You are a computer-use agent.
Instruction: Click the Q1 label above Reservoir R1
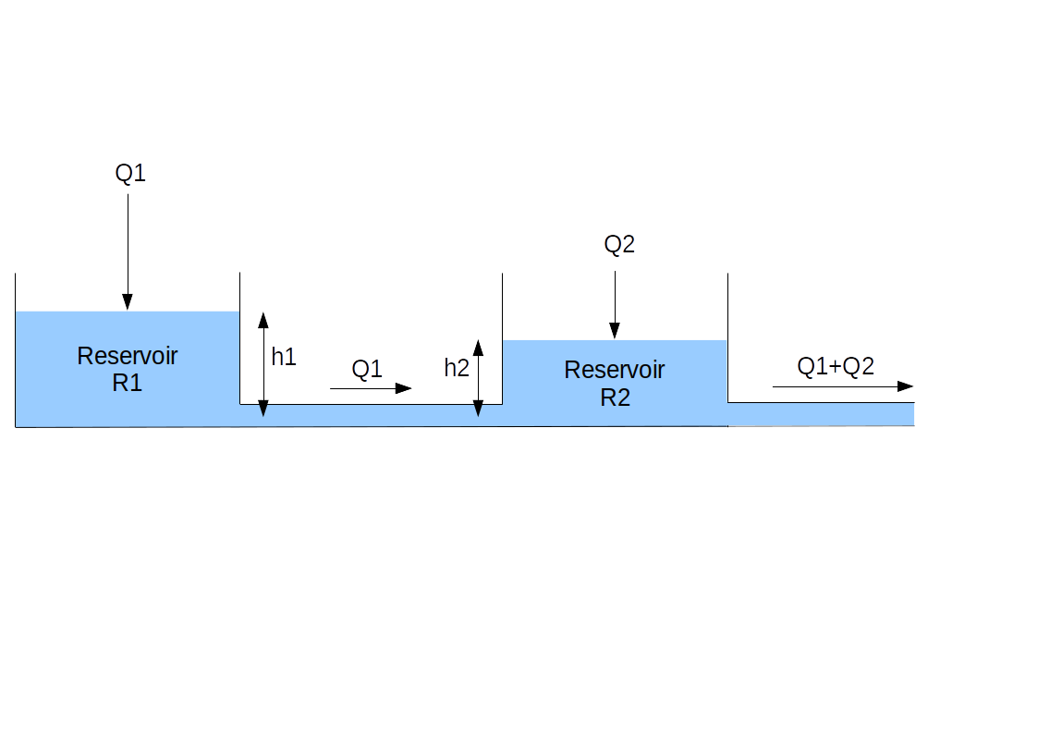[130, 174]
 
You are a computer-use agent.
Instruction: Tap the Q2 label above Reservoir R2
[619, 245]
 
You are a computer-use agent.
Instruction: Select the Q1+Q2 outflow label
[836, 367]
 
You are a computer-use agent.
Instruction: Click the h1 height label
[284, 358]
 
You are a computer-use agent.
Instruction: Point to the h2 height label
[457, 368]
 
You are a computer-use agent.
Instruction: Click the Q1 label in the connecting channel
[367, 369]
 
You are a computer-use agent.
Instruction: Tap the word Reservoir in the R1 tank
[128, 356]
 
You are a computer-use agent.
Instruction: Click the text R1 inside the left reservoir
[128, 383]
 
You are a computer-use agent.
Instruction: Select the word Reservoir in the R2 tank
[615, 371]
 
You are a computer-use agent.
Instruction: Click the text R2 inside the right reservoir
[615, 398]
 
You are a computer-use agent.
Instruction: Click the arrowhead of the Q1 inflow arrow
[128, 301]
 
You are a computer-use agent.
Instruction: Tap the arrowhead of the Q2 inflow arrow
[614, 331]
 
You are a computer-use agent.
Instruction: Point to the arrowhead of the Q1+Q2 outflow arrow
[906, 386]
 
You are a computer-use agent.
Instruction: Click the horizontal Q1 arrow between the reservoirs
[370, 388]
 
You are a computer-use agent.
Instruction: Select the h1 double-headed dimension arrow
[263, 363]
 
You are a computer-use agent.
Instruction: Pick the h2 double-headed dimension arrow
[478, 377]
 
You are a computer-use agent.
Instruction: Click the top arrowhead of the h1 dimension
[263, 320]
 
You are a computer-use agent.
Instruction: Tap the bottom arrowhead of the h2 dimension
[478, 408]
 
